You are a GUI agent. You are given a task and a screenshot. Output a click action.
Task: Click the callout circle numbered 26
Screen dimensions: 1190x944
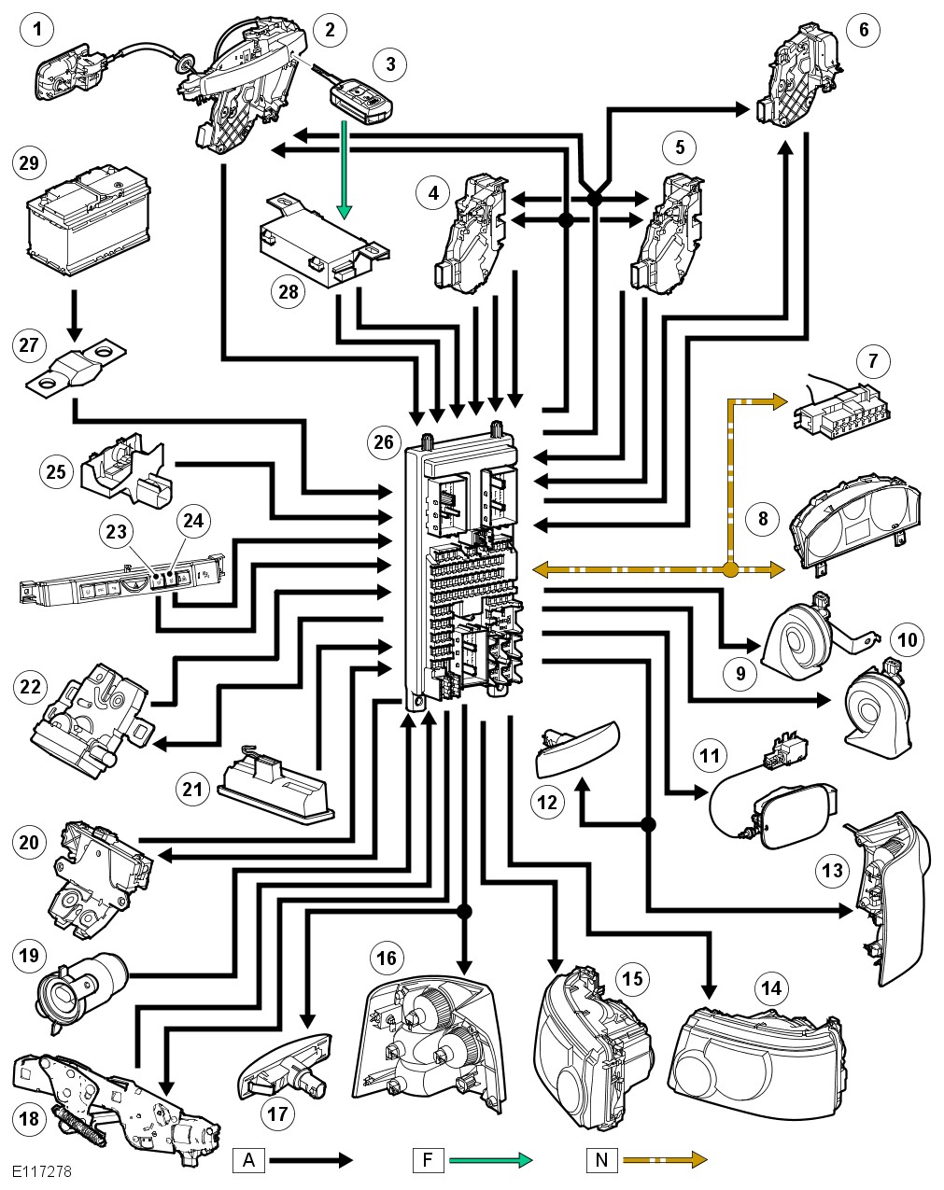point(384,441)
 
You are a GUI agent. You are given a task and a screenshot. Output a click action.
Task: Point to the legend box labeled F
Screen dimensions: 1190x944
point(427,1160)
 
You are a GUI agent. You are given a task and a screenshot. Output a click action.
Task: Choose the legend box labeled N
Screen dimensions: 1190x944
point(601,1160)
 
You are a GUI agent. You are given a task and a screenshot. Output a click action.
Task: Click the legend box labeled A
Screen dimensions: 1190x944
point(248,1160)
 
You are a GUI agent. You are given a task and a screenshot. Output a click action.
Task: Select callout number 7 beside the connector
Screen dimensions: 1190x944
point(872,360)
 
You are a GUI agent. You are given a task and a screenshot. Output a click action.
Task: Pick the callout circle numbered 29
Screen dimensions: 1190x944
point(29,163)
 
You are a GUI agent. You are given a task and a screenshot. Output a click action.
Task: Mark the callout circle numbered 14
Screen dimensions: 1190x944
point(771,987)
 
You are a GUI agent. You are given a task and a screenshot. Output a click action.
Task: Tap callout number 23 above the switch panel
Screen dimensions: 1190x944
point(116,531)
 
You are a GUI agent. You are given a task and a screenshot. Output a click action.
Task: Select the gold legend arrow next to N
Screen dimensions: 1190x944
point(664,1160)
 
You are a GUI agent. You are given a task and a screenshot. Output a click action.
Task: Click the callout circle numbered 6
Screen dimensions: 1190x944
point(863,30)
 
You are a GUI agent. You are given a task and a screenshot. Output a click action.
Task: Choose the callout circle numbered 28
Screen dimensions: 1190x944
point(289,292)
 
